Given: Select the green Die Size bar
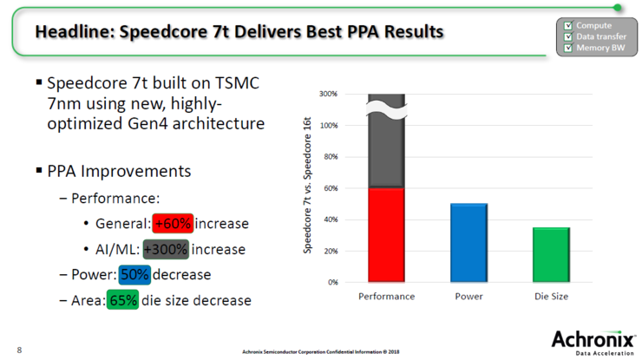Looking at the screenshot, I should (551, 255).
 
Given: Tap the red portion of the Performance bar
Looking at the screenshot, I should (386, 235).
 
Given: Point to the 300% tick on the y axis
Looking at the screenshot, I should (328, 94).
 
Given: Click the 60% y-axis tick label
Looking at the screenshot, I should (330, 188).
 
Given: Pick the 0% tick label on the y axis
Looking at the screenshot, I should (331, 283).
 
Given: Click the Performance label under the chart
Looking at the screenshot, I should (386, 297).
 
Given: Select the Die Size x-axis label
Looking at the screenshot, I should (551, 297).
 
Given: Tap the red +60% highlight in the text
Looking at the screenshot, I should (172, 224).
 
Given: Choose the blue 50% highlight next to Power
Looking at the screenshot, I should (135, 275).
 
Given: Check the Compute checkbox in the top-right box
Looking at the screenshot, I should (568, 26).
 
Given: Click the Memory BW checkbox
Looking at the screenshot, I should (568, 47).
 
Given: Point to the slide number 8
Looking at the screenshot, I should (19, 350).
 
